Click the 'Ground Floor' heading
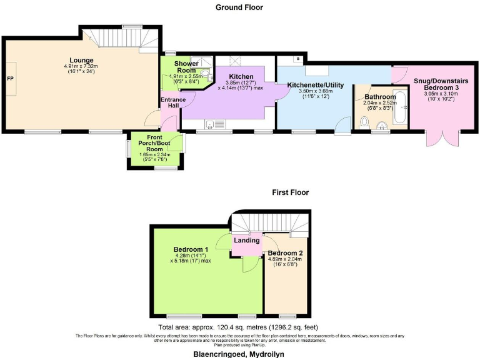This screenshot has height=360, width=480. click(239, 7)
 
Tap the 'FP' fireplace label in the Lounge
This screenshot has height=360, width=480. click(11, 79)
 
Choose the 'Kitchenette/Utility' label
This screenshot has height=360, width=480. click(315, 84)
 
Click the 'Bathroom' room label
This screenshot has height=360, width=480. click(380, 97)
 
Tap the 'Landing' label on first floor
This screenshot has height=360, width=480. click(247, 240)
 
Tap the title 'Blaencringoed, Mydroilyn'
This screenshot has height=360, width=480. click(239, 353)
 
